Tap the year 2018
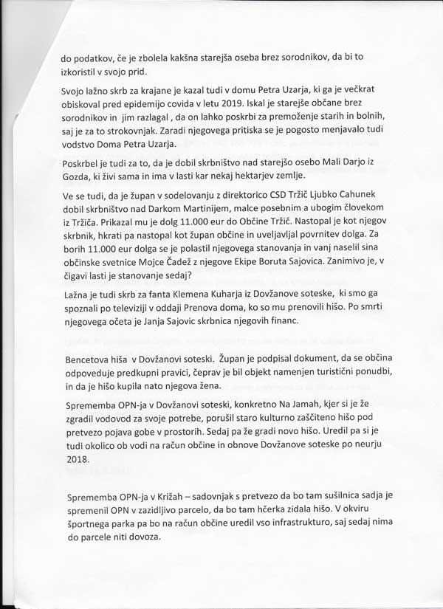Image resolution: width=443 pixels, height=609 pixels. pos(77,459)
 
